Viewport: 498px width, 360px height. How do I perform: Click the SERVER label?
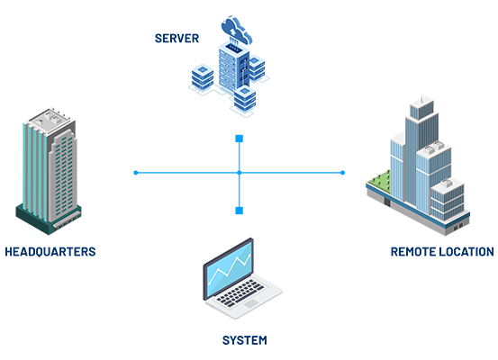point(177,39)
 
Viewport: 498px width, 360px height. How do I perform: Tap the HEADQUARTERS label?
point(50,252)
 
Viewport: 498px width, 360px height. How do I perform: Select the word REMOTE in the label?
point(412,252)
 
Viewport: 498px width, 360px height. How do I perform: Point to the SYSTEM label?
point(245,340)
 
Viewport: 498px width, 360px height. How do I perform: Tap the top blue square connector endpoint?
point(240,139)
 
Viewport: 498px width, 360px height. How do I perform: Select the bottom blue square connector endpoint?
point(240,211)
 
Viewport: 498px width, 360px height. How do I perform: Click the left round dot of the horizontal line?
point(136,173)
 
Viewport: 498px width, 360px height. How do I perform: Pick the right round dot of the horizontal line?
point(342,173)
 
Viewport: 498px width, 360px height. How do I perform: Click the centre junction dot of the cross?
point(240,173)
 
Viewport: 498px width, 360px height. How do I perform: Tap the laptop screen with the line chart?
point(229,269)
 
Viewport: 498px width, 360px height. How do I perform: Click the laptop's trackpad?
point(251,303)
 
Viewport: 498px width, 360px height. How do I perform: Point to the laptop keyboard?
point(240,293)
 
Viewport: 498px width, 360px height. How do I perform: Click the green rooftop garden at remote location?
point(379,182)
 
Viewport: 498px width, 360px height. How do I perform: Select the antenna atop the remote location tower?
point(421,99)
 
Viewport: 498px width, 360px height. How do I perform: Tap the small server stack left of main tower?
point(203,77)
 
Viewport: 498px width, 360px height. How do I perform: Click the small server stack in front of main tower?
point(245,98)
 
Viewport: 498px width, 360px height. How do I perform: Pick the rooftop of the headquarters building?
point(50,120)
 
